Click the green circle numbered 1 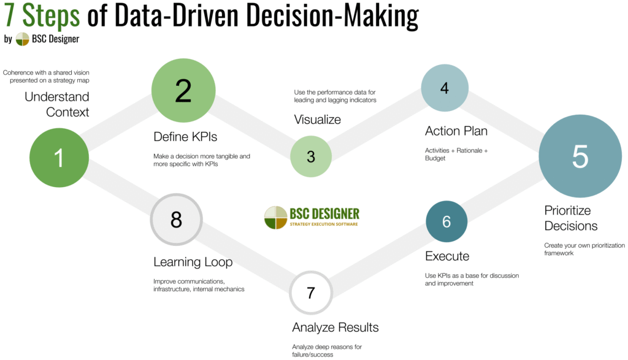59,158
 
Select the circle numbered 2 183,91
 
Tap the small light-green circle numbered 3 311,156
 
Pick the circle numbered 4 444,88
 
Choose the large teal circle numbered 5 580,156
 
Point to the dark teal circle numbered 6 446,221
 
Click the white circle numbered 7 311,292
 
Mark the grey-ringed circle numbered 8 177,220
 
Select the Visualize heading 317,119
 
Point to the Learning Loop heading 193,262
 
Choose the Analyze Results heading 335,327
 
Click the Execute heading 447,256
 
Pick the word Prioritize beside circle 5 567,210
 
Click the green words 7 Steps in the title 42,17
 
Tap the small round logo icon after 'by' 22,39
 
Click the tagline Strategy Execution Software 324,224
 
